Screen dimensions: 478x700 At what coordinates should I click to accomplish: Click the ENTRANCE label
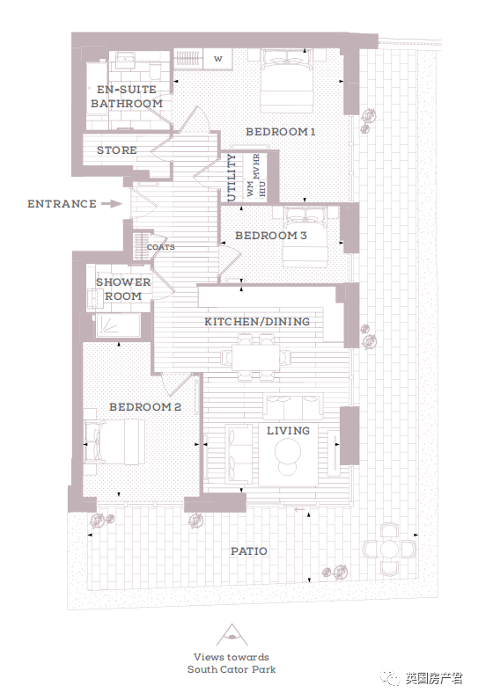(62, 204)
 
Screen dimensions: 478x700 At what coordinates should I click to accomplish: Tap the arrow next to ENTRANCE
(111, 204)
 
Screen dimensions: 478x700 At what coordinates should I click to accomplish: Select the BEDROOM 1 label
(281, 132)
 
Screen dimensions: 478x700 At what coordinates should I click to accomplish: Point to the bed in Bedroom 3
(305, 237)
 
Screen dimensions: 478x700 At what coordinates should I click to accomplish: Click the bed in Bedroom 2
(114, 441)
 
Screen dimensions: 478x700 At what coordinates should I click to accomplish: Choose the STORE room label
(117, 150)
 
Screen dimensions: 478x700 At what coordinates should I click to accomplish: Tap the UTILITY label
(231, 178)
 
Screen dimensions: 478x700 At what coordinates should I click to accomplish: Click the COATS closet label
(161, 247)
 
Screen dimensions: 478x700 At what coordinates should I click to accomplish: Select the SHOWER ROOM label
(123, 288)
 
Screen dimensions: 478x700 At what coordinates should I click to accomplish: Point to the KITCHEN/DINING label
(257, 322)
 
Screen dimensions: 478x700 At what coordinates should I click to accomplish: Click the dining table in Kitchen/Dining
(256, 357)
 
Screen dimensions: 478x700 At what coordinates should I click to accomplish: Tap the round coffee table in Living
(288, 451)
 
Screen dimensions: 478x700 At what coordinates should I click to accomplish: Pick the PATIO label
(249, 551)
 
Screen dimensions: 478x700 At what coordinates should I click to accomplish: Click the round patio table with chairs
(389, 549)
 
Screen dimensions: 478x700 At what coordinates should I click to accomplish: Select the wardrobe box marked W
(218, 59)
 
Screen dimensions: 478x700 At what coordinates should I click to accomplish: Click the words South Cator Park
(232, 669)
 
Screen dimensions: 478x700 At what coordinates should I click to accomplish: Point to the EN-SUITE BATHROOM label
(127, 97)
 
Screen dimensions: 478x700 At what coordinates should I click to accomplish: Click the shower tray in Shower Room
(118, 325)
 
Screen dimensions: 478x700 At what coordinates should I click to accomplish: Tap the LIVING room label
(288, 431)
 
